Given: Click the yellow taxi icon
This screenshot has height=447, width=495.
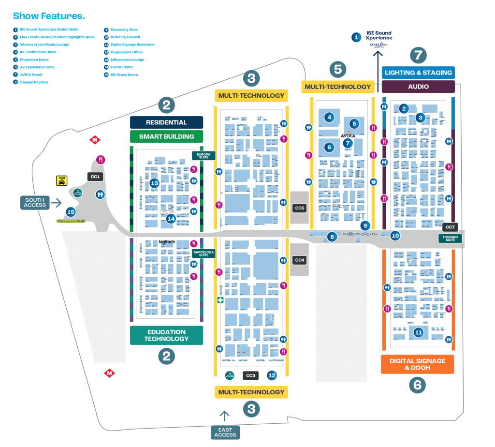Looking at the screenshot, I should point(61,180).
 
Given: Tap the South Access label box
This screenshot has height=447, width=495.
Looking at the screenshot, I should point(35,203).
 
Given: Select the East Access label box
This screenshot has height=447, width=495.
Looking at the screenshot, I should point(225,432).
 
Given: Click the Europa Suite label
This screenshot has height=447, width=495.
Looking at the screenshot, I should point(204,156).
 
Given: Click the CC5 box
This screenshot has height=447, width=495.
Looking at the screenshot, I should point(300,208).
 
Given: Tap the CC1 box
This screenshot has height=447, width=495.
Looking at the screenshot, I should point(95,177).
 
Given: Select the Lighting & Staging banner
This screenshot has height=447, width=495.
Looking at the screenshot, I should point(418,73).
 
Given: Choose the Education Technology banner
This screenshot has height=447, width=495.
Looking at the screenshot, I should point(166,335).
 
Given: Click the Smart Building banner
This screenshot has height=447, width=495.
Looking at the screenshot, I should point(166,136).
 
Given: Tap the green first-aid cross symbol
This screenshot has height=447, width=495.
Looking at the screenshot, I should point(220,300).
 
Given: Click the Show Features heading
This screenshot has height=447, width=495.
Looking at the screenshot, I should point(49,16).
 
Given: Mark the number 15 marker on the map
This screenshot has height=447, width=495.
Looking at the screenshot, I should point(71,212).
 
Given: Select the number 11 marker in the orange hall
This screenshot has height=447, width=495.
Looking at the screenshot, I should point(419,332).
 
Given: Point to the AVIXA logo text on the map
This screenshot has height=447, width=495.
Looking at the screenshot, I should point(348,136).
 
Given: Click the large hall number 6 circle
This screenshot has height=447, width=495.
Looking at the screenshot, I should point(417,385).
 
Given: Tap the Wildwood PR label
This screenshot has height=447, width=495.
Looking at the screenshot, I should point(69,221).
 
